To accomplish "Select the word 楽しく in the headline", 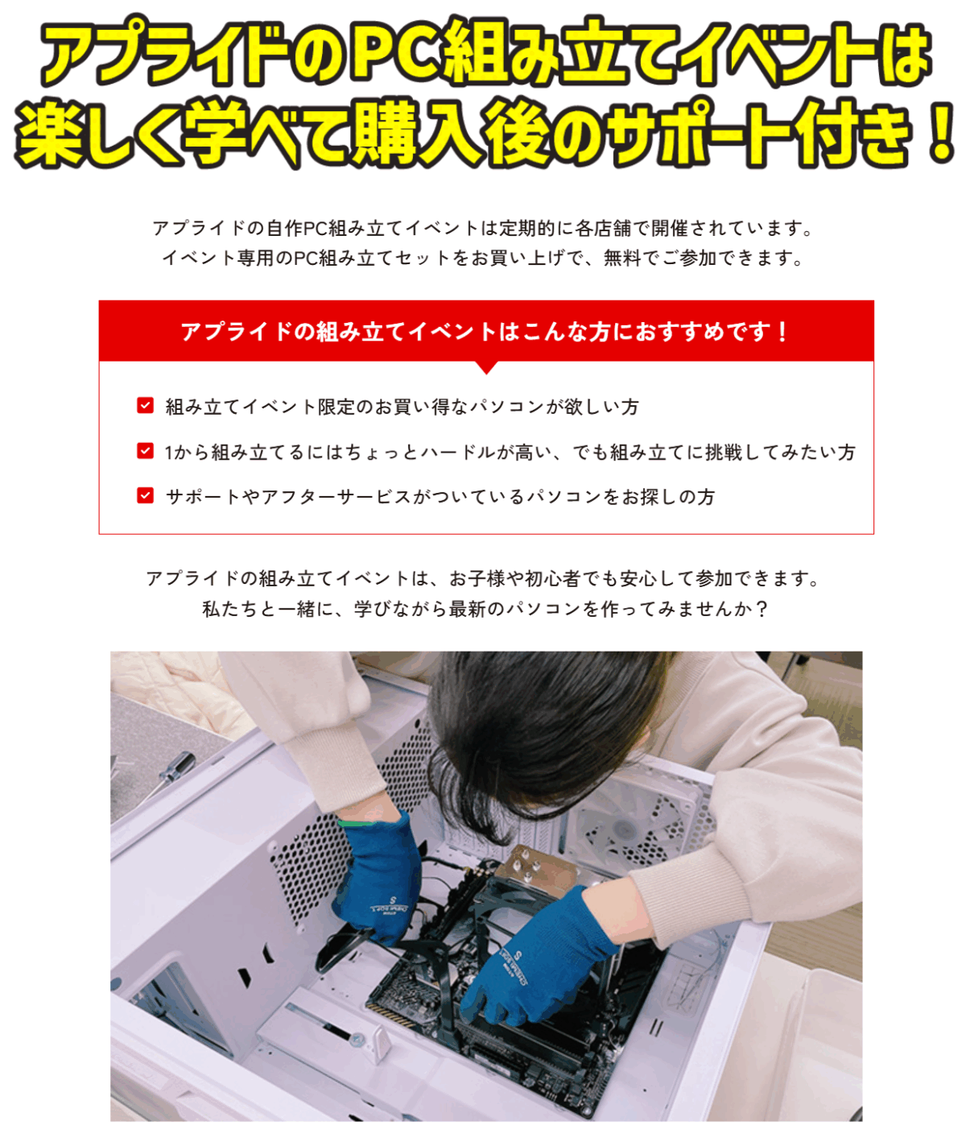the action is pos(97,132).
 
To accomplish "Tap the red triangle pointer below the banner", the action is pos(486,367).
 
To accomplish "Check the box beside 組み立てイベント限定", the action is pos(146,405).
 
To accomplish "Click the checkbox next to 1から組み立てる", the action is pos(146,450).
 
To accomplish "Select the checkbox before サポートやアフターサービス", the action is pos(146,495).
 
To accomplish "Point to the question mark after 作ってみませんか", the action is pos(762,609).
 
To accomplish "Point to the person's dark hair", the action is pos(551,738).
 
